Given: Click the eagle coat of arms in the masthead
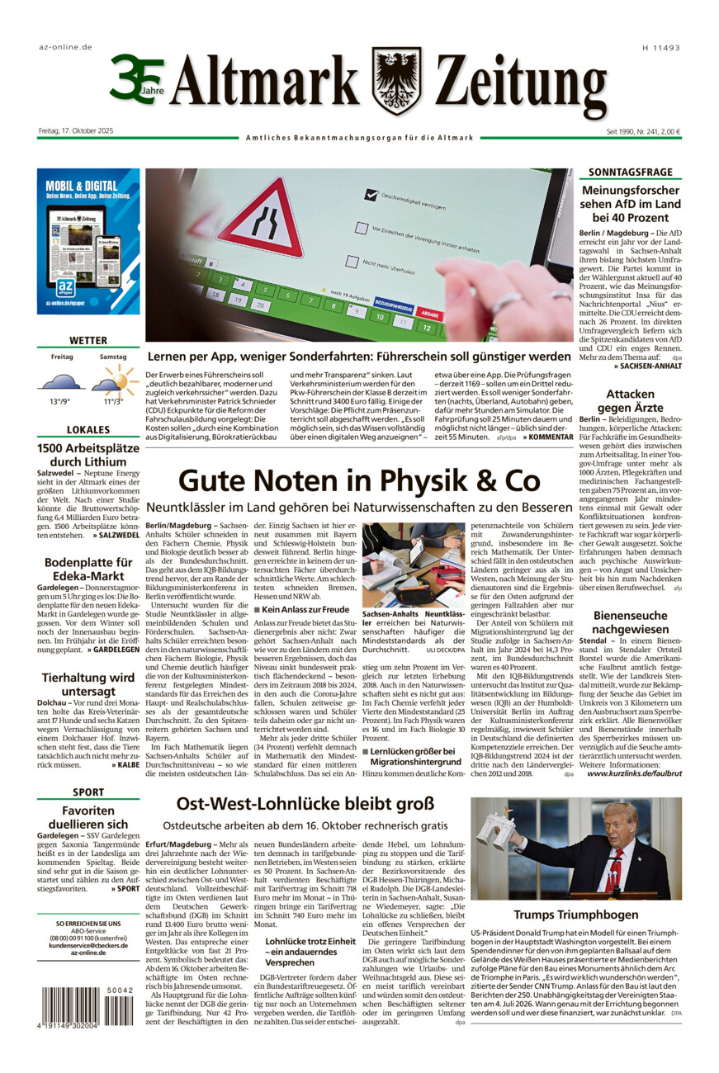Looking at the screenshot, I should tap(396, 81).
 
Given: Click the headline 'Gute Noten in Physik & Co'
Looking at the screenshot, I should tap(359, 480).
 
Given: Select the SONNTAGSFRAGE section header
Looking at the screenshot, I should tap(630, 173).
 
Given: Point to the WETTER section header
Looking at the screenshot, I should tap(88, 340).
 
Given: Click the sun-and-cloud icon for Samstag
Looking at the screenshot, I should tap(114, 381).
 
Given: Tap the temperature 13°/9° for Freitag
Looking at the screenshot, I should tap(59, 401).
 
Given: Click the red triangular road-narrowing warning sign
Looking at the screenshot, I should tap(260, 220).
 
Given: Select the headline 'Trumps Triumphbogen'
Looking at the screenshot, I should tap(575, 915).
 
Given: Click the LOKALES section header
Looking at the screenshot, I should tap(88, 430).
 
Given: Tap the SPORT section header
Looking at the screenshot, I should tap(88, 792).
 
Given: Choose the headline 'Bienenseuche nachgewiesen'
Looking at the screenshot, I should tap(630, 622).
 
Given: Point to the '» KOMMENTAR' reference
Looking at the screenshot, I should tap(546, 437).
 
